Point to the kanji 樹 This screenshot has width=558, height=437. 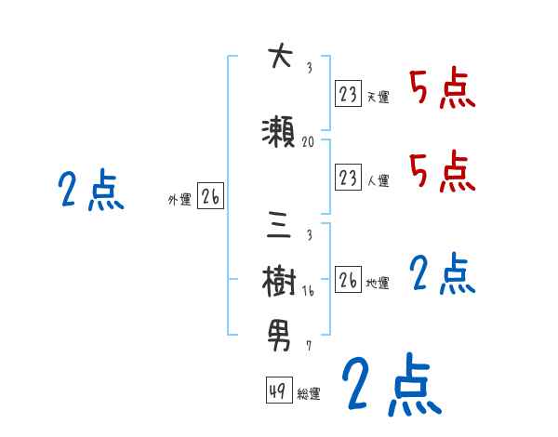(x=279, y=280)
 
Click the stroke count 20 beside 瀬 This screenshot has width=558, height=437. (x=309, y=142)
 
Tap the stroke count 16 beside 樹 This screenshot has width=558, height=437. (x=309, y=291)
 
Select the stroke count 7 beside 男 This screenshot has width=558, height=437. (x=309, y=345)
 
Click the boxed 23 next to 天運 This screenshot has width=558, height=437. (x=348, y=94)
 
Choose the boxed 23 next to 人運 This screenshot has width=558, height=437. (x=348, y=177)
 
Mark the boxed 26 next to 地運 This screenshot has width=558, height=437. (x=348, y=279)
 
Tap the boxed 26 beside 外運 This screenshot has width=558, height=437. (x=210, y=196)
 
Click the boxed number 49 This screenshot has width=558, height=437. (x=277, y=391)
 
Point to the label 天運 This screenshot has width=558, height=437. (x=378, y=97)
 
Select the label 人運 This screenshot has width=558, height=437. (x=378, y=180)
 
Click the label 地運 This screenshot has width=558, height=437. (x=378, y=283)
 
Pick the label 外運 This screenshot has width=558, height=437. (x=179, y=199)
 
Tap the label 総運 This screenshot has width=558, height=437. (x=309, y=394)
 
